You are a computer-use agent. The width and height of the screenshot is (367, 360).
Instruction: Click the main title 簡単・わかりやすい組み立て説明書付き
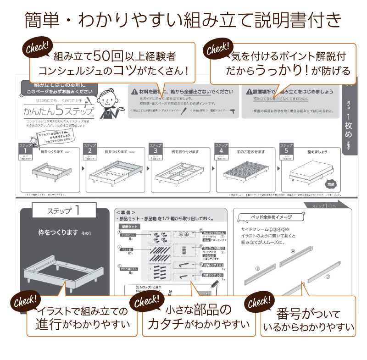point(183,21)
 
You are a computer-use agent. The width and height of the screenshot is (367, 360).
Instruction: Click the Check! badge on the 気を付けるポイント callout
point(218,48)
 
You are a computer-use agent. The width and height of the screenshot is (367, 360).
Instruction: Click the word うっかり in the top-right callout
point(275,70)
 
